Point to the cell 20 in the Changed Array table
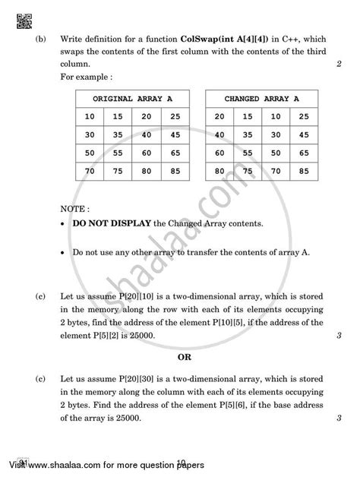pyautogui.click(x=219, y=116)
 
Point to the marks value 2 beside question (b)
pyautogui.click(x=337, y=65)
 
